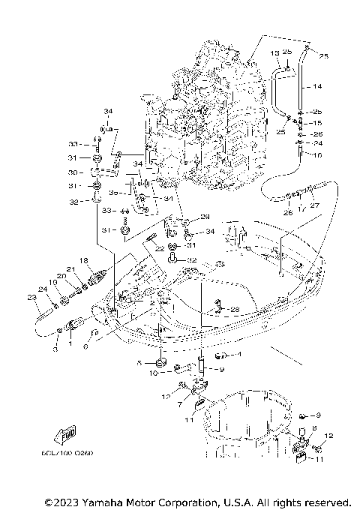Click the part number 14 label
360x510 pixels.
[317, 86]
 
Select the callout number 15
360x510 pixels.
[317, 122]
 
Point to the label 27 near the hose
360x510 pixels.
[314, 205]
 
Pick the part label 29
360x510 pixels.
[205, 216]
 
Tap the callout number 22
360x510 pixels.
[160, 248]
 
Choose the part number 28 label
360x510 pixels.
[235, 309]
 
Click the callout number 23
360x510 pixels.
[31, 298]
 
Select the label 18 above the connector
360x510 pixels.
[85, 259]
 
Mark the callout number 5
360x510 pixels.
[139, 362]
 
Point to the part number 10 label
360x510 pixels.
[152, 372]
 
